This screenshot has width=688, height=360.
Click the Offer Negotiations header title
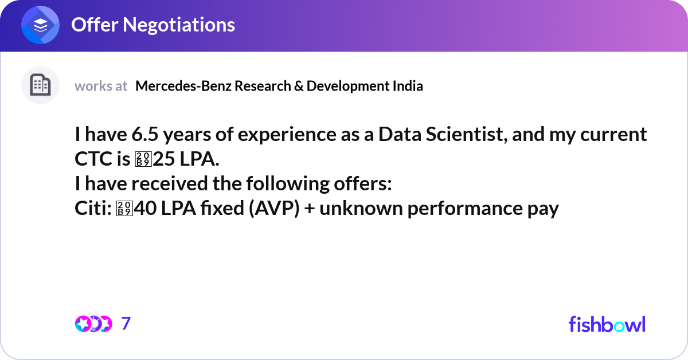pyautogui.click(x=153, y=25)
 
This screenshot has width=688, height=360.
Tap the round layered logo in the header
pyautogui.click(x=40, y=25)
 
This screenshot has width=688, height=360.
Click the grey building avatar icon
pyautogui.click(x=40, y=85)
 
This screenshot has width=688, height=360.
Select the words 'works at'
pyautogui.click(x=101, y=86)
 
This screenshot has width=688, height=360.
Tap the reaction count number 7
pyautogui.click(x=126, y=324)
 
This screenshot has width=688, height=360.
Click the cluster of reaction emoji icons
pyautogui.click(x=92, y=324)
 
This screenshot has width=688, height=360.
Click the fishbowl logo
pyautogui.click(x=607, y=324)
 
